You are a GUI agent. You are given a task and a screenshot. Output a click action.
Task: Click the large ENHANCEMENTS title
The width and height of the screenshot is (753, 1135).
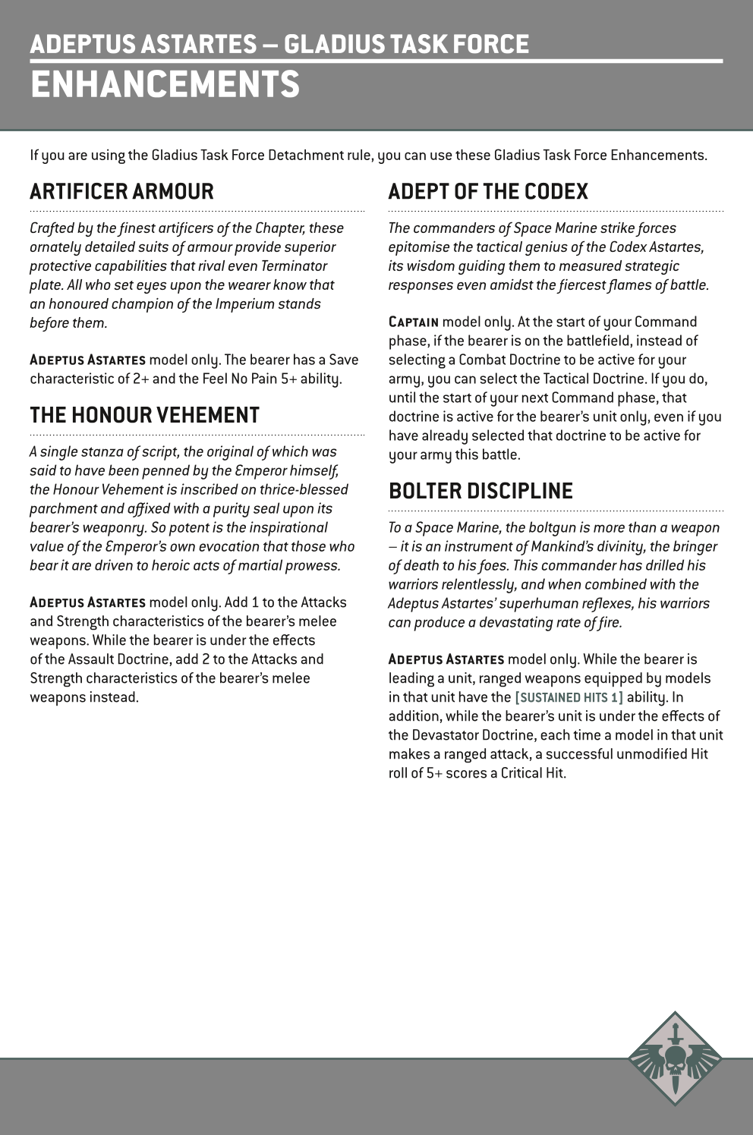point(165,84)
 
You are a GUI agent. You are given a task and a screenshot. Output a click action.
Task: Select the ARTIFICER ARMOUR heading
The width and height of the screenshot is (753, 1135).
point(121,191)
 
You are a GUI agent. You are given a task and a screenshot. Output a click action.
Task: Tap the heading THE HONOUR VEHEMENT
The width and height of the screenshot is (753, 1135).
point(144,415)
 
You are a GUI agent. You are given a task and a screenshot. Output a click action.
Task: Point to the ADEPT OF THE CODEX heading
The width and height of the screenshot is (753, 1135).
point(488,191)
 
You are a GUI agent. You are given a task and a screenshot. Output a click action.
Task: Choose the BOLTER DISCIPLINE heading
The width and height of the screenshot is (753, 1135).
point(480,491)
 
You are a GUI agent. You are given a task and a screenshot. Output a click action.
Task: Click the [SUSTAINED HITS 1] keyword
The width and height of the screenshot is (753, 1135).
point(569,697)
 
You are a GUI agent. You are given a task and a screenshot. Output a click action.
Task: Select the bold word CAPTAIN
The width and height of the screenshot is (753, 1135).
point(414,322)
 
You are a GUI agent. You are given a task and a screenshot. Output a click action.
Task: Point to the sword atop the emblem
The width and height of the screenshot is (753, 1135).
point(675,1033)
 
